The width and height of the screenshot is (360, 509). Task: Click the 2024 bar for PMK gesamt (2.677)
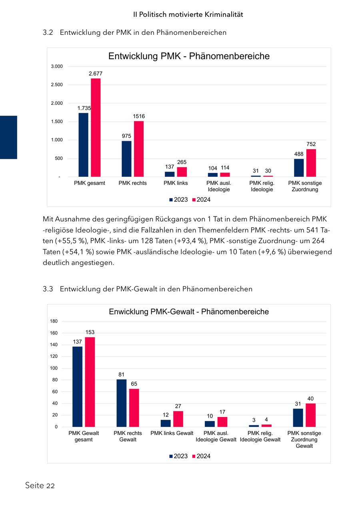coord(96,127)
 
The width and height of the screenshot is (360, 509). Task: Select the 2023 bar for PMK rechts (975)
coord(126,158)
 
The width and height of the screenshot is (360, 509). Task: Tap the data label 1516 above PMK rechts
coord(139,116)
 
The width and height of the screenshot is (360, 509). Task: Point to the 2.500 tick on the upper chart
coord(56,85)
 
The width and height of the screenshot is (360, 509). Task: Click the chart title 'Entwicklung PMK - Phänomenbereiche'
coord(189,56)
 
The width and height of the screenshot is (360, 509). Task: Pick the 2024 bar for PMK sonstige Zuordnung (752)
coord(311,163)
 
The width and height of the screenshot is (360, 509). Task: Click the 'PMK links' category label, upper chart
coord(176,183)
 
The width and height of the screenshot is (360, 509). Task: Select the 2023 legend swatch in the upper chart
coord(171,200)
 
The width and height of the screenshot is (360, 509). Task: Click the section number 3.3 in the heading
coord(48,289)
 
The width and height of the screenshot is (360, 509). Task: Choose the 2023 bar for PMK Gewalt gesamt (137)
coord(77,387)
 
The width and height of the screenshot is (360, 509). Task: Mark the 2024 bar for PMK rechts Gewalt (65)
coord(134,407)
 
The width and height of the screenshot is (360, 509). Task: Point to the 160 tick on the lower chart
coord(54,333)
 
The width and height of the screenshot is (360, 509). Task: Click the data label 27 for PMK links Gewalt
coord(178,406)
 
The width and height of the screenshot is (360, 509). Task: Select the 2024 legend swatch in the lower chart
coord(194,456)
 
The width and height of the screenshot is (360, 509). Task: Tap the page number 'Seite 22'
coord(40,486)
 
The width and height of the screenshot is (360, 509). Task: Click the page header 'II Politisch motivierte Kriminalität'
coord(188,14)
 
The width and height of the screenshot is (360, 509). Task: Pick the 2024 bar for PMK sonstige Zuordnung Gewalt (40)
coord(310,415)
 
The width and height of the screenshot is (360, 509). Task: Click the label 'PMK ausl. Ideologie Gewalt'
coord(216,437)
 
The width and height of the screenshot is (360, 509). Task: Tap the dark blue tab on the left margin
coord(8,137)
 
